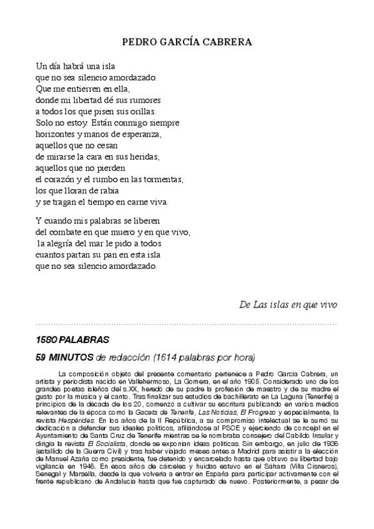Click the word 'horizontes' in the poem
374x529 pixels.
[x=56, y=133]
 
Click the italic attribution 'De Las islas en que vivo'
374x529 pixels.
[x=288, y=304]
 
